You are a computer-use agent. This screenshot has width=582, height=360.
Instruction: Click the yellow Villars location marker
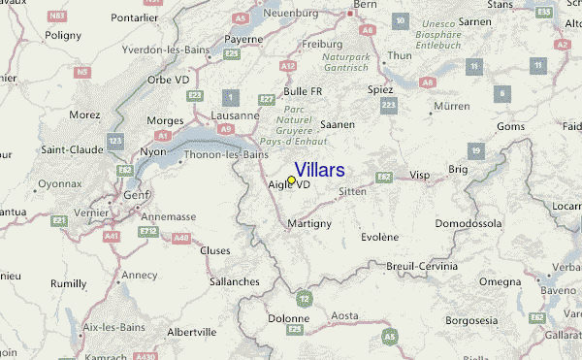tap(291, 180)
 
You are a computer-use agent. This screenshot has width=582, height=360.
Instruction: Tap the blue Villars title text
tap(318, 170)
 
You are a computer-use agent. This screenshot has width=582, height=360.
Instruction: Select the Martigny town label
tap(310, 224)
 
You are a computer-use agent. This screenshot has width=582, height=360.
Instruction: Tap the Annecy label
tap(139, 275)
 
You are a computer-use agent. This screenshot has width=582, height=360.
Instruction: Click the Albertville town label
tap(192, 331)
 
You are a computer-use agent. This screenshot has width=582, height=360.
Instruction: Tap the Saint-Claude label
tap(66, 149)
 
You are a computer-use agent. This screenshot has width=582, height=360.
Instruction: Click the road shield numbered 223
tap(389, 105)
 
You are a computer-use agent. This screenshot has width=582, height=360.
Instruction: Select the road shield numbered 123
tap(115, 142)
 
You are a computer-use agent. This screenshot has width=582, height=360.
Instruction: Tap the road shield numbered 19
tap(475, 150)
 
